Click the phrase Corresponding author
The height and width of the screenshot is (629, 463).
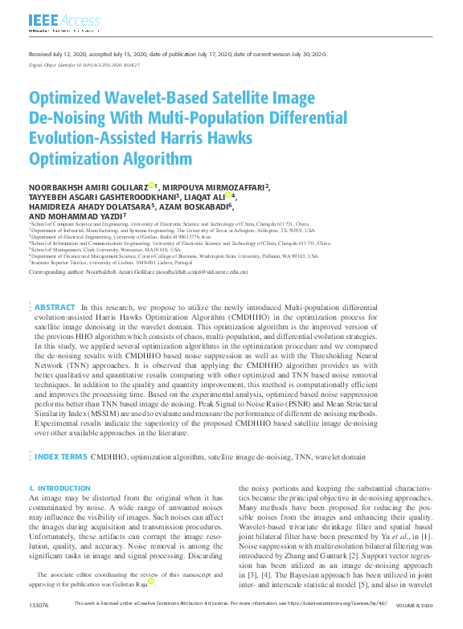pyautogui.click(x=52, y=272)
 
